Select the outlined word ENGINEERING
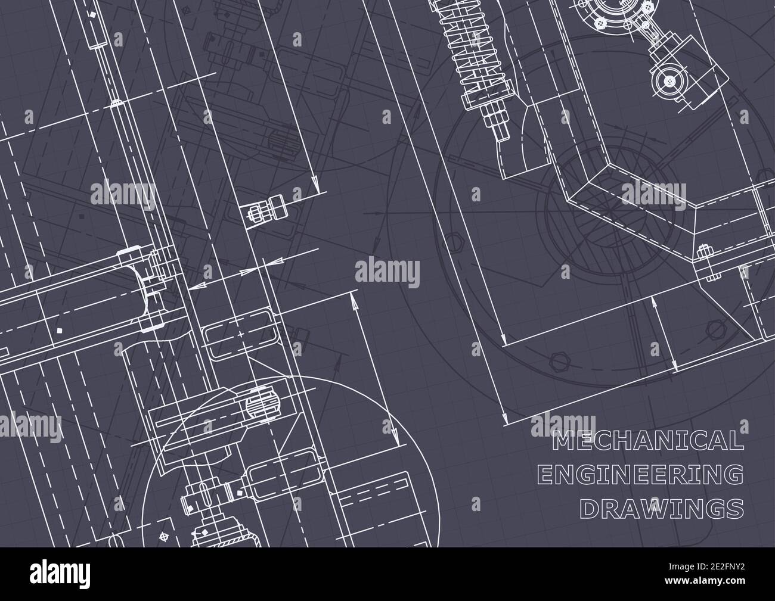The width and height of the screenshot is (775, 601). [641, 475]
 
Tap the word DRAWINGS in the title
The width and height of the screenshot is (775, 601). [662, 509]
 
